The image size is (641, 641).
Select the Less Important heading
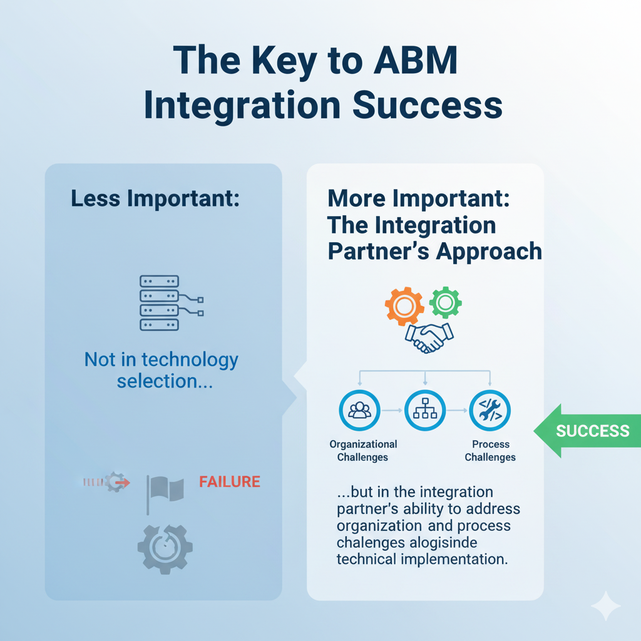155,198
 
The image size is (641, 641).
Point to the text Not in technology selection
162,371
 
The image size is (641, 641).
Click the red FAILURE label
229,482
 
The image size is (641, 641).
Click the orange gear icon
404,305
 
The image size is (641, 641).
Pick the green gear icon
445,302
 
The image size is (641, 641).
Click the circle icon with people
359,411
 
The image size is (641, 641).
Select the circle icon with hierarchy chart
425,411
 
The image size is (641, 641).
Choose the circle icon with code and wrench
490,411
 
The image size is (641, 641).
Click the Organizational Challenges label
362,451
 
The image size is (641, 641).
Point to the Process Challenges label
490,451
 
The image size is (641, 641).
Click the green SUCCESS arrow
585,431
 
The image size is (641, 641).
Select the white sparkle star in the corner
605,606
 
